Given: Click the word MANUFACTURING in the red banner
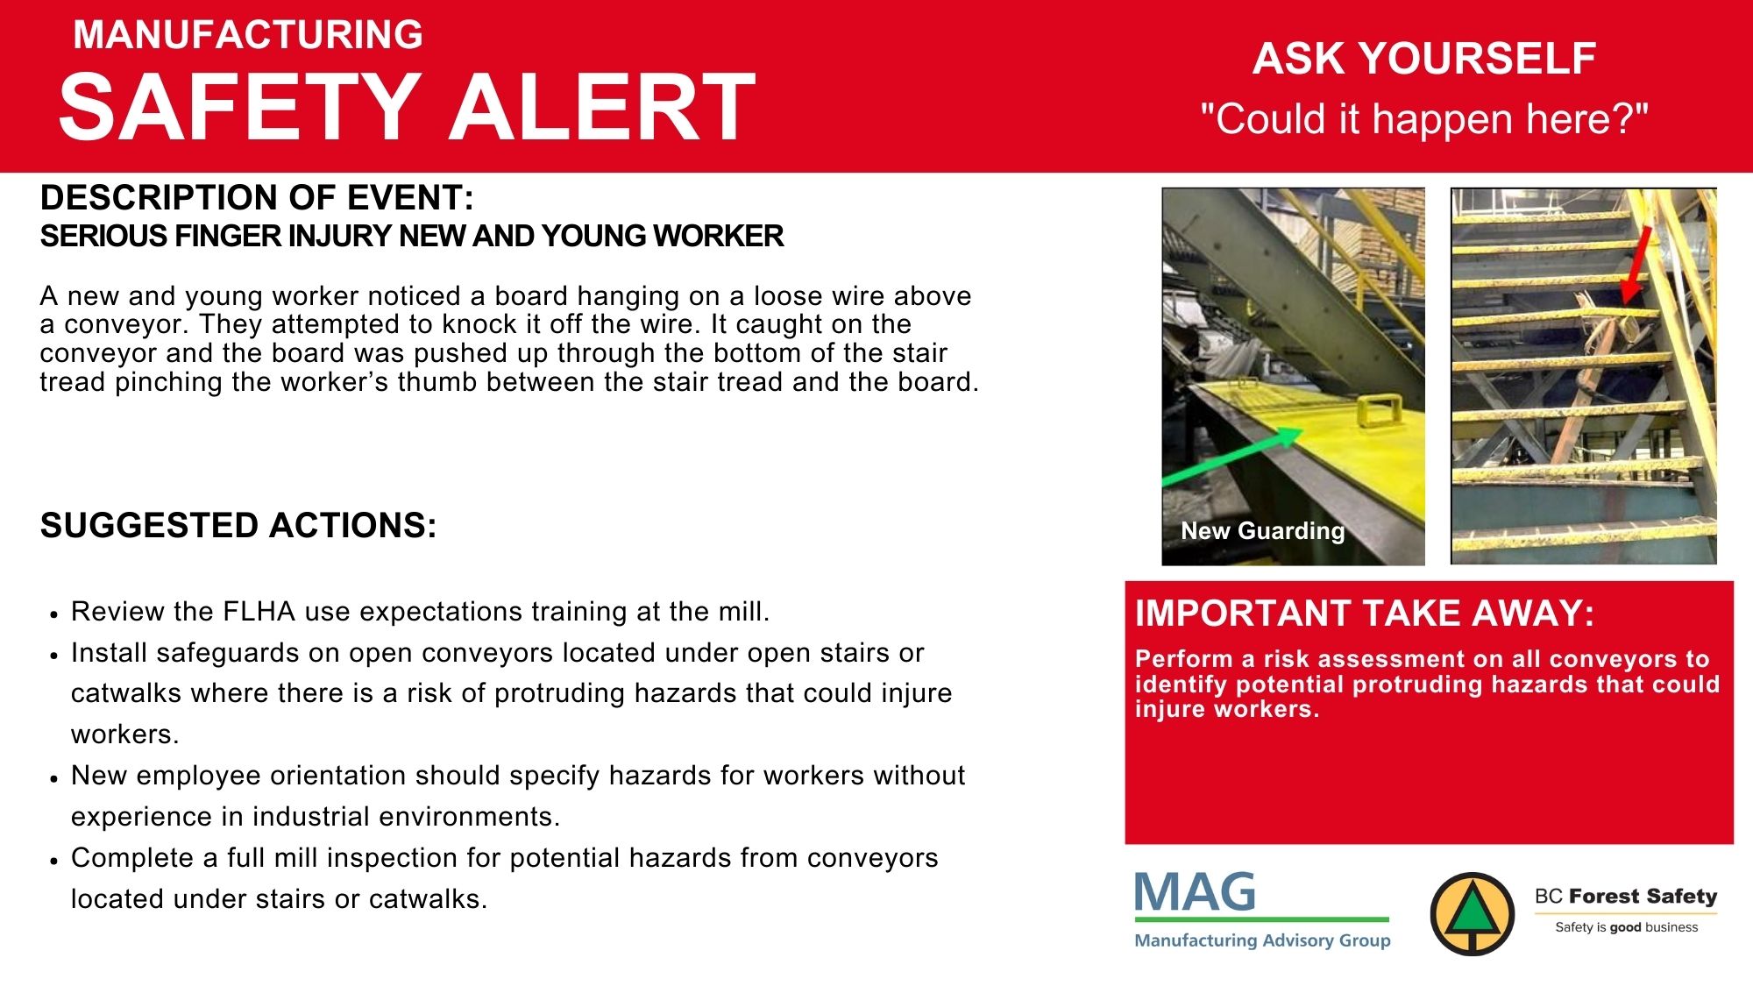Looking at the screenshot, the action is tap(248, 35).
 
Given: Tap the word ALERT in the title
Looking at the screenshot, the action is tap(602, 107).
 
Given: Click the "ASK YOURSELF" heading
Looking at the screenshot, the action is tap(1424, 59).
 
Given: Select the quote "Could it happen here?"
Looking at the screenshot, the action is tap(1424, 118).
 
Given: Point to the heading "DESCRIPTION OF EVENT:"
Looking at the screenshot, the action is tap(257, 198).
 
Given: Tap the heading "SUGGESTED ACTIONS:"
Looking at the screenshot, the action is tap(238, 526).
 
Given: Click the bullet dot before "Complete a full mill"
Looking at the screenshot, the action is tap(54, 861).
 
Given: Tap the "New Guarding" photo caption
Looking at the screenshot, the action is tap(1262, 530).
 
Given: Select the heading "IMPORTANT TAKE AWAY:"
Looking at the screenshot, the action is tap(1364, 614).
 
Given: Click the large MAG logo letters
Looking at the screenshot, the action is tap(1195, 892).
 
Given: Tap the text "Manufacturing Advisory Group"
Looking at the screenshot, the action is tap(1262, 940).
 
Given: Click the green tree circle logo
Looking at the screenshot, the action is tap(1473, 914).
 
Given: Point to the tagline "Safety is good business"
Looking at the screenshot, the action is tap(1626, 927).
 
